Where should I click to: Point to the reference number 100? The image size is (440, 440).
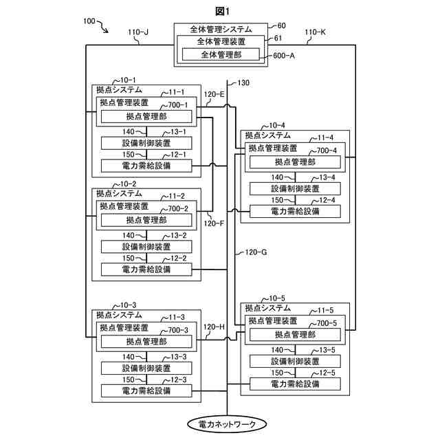tap(89, 22)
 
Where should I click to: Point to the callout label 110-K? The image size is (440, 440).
tap(314, 32)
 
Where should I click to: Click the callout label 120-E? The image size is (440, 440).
tap(214, 94)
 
